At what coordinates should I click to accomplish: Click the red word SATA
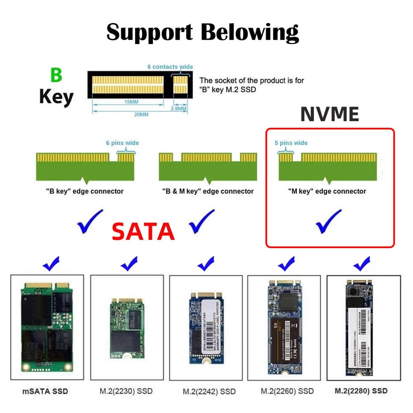(x=143, y=231)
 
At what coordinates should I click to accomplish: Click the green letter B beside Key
(x=56, y=76)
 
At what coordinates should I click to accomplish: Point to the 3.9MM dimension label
(x=179, y=109)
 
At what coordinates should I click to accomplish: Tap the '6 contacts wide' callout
(x=170, y=66)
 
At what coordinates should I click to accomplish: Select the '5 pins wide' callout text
(x=291, y=143)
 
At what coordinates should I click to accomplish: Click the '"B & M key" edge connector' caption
(x=208, y=191)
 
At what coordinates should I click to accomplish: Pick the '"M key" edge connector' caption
(x=327, y=191)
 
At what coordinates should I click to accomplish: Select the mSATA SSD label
(x=45, y=391)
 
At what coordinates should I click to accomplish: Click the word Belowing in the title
(x=249, y=32)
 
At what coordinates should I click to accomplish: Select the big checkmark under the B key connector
(x=89, y=221)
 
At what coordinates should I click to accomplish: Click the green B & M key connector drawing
(x=208, y=167)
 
